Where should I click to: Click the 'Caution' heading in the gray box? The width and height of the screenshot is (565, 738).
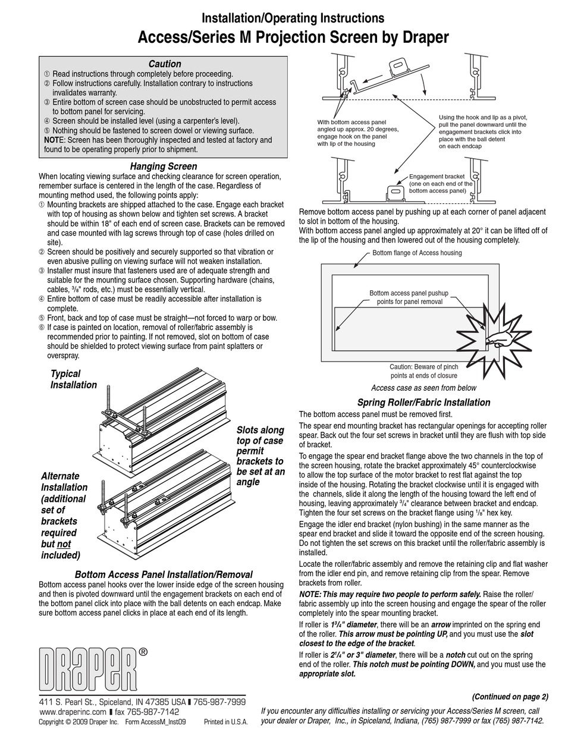(165, 64)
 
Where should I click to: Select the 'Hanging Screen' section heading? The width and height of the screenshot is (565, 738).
(163, 167)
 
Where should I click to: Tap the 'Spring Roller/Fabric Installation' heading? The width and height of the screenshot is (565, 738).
(423, 403)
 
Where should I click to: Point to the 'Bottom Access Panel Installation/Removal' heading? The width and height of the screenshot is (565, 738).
(164, 574)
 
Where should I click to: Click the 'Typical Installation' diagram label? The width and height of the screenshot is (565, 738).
(73, 379)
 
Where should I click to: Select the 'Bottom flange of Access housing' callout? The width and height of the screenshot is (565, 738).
(417, 253)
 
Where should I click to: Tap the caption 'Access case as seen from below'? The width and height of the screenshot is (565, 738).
(423, 388)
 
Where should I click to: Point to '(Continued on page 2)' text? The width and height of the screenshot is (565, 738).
(510, 697)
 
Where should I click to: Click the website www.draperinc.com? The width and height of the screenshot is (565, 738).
(73, 711)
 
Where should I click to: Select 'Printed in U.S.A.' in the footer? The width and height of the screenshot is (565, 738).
(225, 722)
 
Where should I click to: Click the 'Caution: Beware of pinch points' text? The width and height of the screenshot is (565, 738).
(423, 371)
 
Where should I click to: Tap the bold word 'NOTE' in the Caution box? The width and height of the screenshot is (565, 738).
(52, 140)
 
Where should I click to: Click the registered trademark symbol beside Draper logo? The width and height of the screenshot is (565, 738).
(143, 652)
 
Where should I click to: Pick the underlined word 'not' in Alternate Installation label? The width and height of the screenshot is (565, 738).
(64, 544)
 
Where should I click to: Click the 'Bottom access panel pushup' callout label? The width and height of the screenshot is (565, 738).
(409, 297)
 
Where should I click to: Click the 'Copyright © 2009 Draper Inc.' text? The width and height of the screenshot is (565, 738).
(79, 722)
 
